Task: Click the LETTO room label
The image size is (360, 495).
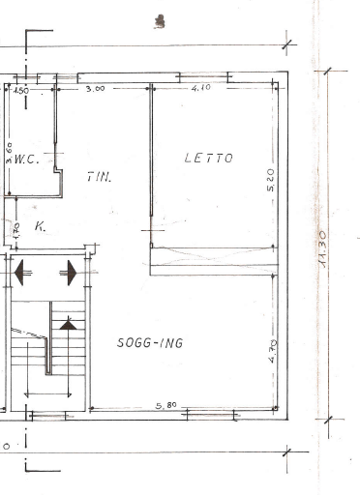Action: [208, 158]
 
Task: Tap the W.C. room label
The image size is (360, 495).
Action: [26, 159]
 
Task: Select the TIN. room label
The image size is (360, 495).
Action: [99, 177]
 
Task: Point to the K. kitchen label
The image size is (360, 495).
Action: [40, 227]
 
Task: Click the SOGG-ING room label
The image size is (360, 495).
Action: [150, 342]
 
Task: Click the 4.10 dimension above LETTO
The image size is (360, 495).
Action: [200, 89]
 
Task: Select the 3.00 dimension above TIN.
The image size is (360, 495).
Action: [95, 89]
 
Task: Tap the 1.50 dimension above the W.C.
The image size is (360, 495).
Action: [20, 90]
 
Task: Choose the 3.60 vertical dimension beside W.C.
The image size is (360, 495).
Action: [9, 153]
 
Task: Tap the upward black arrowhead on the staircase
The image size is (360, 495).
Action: [68, 326]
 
